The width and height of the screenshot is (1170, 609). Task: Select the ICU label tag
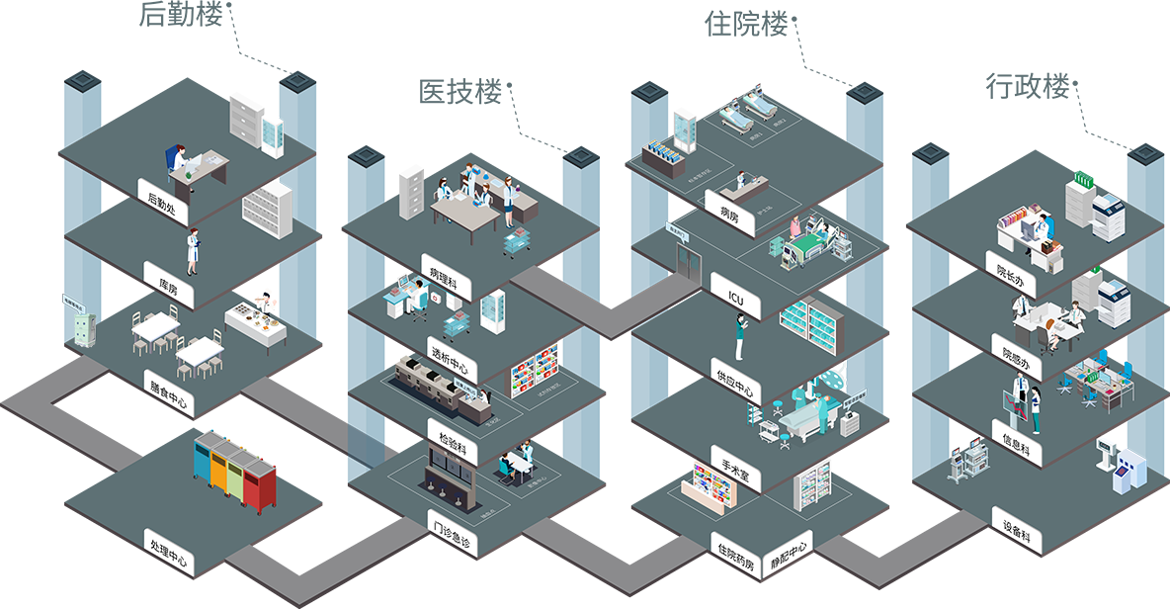click(x=735, y=295)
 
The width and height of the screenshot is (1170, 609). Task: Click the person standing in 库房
click(x=194, y=251)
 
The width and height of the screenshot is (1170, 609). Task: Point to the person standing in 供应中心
click(x=740, y=336)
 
